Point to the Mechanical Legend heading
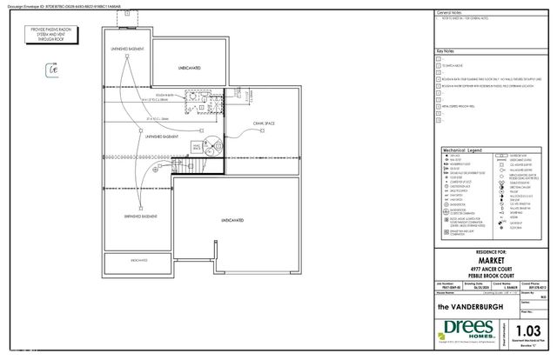(462, 150)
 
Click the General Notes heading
(450, 15)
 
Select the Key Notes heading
(446, 52)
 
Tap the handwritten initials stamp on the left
(51, 71)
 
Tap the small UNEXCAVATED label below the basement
(139, 260)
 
